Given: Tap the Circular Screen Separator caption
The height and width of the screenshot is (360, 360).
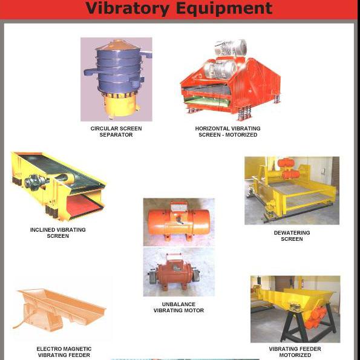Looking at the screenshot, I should tap(116, 131).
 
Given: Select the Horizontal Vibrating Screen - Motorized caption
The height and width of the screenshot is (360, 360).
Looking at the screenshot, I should tap(228, 131).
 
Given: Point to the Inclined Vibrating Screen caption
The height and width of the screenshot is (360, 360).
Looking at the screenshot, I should tap(58, 232).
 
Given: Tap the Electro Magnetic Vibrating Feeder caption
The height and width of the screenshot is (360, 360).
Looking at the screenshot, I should tap(64, 352).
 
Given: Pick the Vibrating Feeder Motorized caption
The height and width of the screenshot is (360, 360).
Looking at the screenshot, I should tap(295, 352).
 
